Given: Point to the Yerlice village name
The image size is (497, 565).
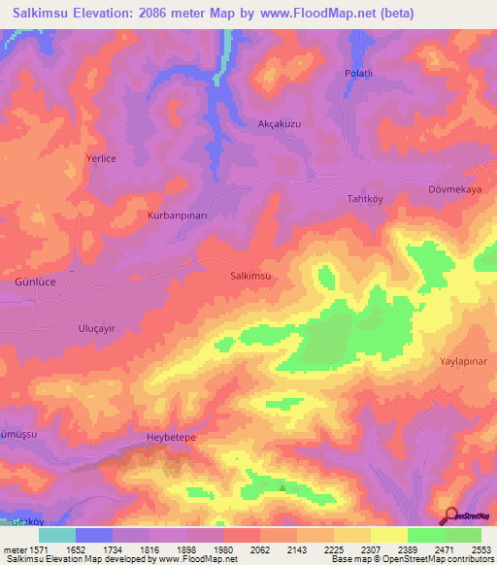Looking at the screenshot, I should (129, 159).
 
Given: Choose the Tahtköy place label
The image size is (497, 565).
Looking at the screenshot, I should (367, 198).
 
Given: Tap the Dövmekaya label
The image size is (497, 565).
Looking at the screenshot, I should (454, 190).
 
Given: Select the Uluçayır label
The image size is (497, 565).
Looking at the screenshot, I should (96, 329).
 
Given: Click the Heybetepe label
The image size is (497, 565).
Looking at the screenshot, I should (171, 438).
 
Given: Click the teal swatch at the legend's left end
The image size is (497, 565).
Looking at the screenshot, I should (57, 535).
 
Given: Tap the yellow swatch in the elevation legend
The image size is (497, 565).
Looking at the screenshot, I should (389, 535).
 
